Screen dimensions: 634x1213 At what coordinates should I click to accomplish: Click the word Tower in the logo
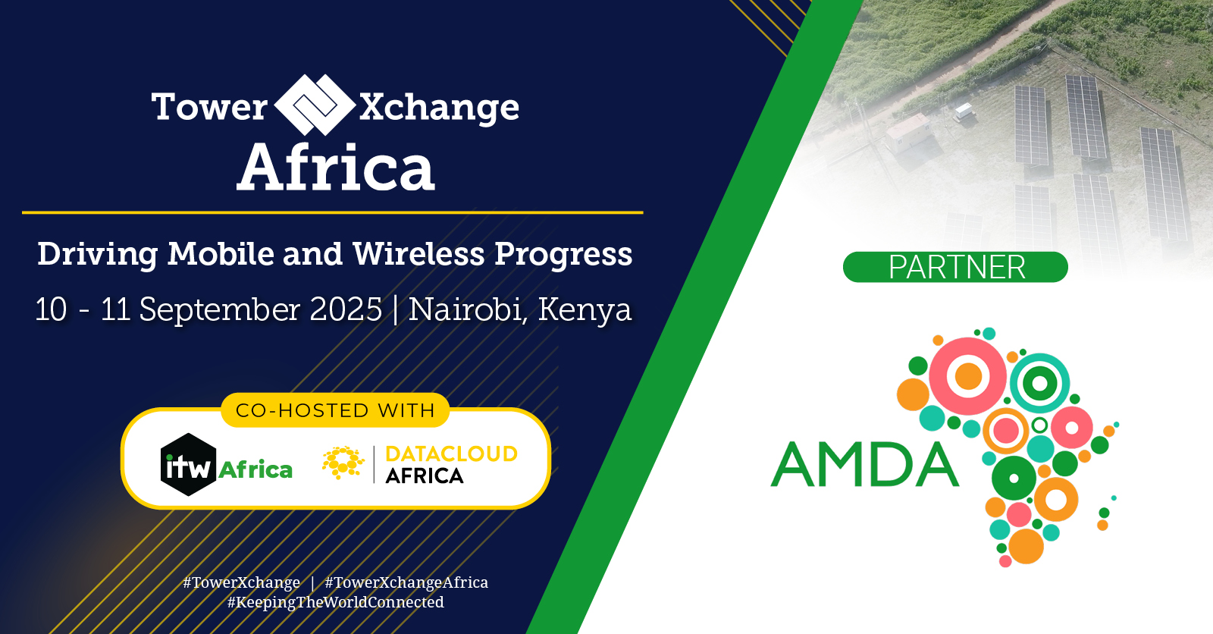coord(209,107)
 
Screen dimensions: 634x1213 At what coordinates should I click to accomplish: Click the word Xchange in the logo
coord(440,108)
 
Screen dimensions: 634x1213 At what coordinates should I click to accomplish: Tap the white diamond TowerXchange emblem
coord(314,105)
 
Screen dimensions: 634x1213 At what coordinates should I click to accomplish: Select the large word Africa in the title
coord(336,168)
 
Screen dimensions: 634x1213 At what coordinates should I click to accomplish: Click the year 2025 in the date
coord(346,309)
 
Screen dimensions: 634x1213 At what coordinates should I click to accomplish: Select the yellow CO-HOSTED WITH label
coord(335,410)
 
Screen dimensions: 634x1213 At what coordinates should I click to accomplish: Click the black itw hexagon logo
coord(187,465)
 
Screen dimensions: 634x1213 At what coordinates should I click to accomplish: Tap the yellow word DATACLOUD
coord(451,454)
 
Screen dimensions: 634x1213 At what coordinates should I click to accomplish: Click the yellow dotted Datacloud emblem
coord(343,463)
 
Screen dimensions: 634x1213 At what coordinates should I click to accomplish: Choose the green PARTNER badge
coord(955,267)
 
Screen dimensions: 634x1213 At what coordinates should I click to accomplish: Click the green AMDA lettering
coord(864,465)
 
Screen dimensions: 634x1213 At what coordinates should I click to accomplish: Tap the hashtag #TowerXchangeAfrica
coord(406,582)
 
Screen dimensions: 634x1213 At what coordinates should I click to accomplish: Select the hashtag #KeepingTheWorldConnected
coord(336,602)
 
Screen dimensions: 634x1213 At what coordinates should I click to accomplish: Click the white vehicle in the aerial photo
coord(963,112)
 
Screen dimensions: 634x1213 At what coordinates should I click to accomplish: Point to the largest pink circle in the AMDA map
coord(967,376)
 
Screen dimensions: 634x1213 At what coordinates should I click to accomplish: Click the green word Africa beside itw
coord(255,470)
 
